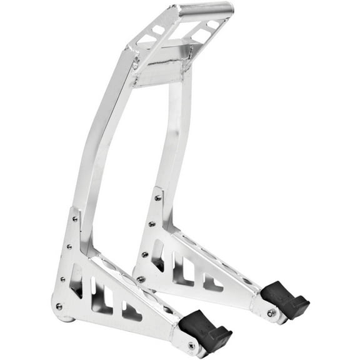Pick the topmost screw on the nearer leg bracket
75,219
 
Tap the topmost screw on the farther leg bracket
157,197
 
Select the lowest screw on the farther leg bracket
141,279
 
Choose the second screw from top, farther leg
152,224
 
